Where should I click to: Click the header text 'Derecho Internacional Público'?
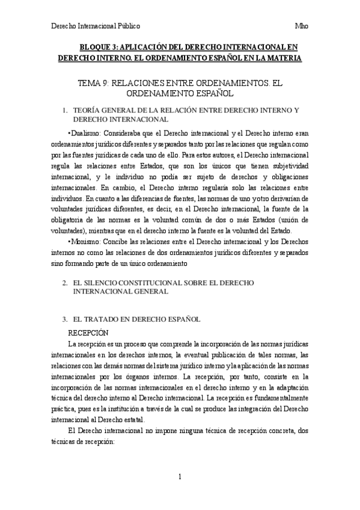96,26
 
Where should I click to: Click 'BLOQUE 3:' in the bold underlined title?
99,46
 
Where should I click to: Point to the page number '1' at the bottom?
180,476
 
